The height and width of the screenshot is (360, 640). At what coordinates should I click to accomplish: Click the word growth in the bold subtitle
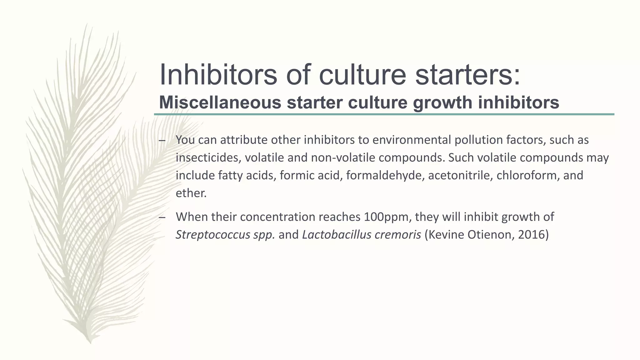point(442,103)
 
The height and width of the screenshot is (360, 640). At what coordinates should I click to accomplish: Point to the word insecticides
point(208,158)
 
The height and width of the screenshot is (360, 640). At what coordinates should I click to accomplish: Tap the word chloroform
point(527,175)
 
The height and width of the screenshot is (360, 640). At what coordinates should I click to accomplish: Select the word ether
point(191,193)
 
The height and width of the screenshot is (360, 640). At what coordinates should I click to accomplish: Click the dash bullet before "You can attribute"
point(162,141)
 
